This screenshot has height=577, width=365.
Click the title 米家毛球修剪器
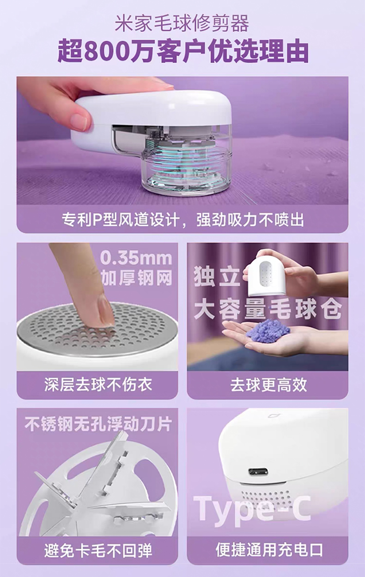click(182, 24)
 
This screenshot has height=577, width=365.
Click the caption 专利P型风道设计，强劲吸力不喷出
click(182, 220)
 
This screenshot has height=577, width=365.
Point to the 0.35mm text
click(136, 258)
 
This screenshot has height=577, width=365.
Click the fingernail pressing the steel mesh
click(106, 310)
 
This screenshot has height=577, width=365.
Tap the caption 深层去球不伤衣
click(97, 385)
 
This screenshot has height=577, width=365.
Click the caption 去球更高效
click(268, 385)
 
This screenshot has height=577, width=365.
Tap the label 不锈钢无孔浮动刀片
click(98, 424)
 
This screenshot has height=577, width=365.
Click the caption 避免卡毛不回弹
click(98, 551)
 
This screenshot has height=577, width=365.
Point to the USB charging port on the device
click(258, 473)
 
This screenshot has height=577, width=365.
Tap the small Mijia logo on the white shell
click(271, 416)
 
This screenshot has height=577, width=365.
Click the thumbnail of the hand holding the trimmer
click(182, 140)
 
